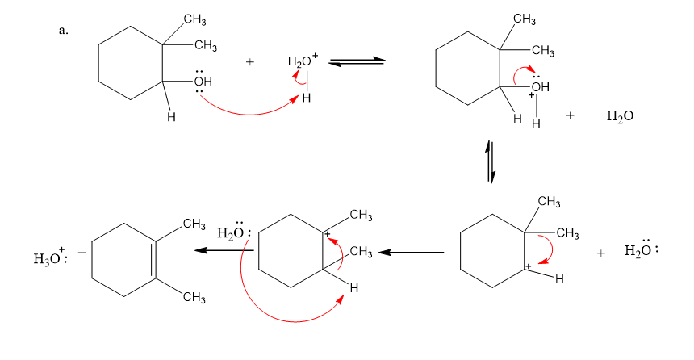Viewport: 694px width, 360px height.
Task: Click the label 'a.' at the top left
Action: click(64, 31)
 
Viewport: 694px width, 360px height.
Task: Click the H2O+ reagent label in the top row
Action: click(303, 61)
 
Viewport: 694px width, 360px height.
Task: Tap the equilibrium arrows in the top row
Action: click(356, 61)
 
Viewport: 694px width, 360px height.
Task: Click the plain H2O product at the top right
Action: click(619, 116)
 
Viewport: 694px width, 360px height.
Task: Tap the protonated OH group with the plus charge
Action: click(539, 87)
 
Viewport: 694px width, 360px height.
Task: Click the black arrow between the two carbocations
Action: click(411, 252)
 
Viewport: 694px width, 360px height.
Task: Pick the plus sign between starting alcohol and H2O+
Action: click(250, 61)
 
